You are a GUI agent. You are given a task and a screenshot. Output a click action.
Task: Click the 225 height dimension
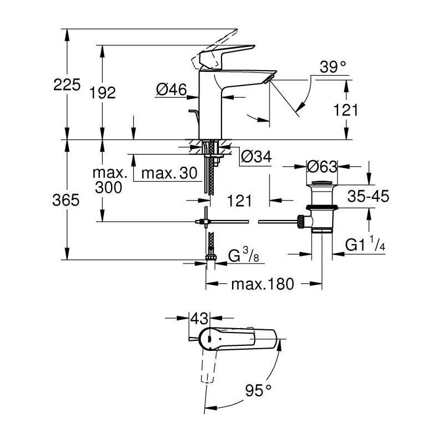point(67,85)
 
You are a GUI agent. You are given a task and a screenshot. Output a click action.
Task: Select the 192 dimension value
point(103,92)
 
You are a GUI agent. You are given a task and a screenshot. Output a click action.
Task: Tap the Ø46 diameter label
point(171,90)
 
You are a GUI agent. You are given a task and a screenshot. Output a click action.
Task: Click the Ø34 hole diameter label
point(256,156)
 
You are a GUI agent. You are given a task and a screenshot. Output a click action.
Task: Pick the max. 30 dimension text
point(169,173)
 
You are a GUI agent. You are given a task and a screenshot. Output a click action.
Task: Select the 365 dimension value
point(66,200)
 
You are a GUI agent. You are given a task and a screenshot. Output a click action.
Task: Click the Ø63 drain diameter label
point(322,167)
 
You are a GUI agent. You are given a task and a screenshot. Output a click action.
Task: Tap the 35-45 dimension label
point(368,196)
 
